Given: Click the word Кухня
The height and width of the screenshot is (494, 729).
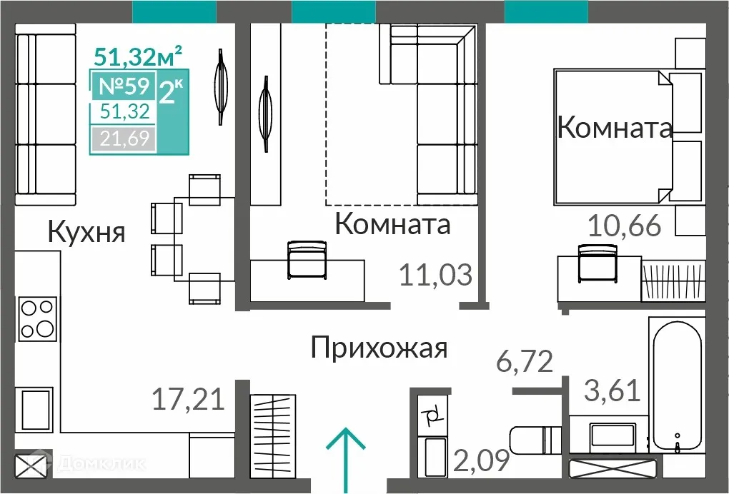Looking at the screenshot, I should (86, 232).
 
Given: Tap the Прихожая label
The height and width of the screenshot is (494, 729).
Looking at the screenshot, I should (380, 348).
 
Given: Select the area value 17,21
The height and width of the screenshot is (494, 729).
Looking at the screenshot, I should (188, 398).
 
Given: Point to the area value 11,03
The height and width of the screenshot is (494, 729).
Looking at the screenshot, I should (435, 274).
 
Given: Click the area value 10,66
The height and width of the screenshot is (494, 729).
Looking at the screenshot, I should (624, 226).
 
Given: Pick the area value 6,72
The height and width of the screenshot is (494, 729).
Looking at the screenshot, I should (525, 362).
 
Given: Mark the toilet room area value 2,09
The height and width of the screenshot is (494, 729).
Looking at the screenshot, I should (481, 460).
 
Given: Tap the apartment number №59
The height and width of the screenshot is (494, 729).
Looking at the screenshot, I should (123, 86).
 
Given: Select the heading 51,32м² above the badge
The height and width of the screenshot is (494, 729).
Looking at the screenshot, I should (139, 55).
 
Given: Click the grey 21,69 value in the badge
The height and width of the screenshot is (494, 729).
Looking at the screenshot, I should (123, 138).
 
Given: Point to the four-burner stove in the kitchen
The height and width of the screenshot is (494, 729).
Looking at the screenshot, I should (37, 318).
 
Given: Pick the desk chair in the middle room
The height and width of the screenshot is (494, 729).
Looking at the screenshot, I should (307, 261).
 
